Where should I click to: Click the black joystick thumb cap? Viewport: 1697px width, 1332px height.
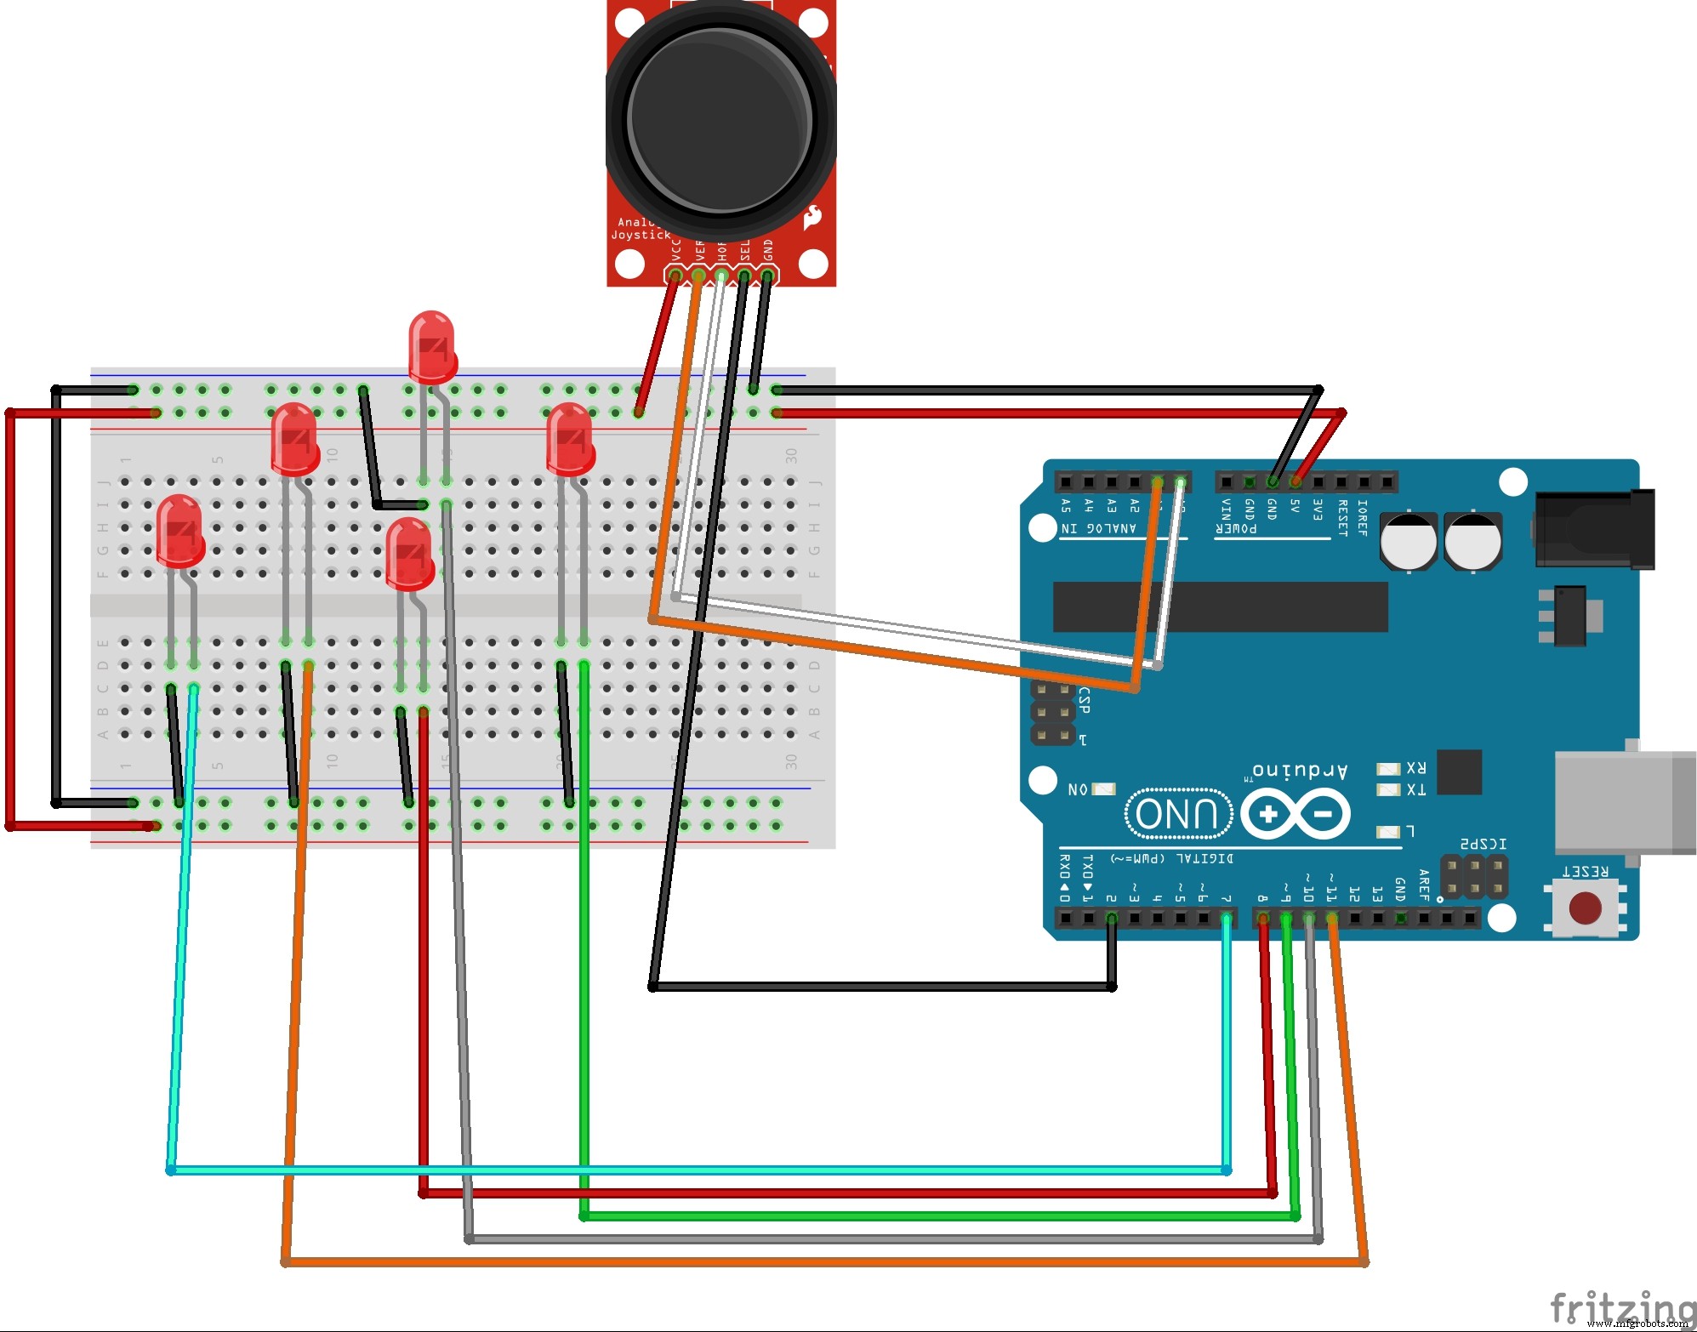[720, 119]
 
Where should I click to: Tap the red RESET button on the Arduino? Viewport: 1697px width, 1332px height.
[1585, 908]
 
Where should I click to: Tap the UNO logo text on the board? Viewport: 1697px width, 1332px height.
[1177, 814]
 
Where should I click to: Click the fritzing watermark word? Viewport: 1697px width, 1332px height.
[1620, 1307]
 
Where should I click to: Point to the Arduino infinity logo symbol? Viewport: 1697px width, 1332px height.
[1295, 814]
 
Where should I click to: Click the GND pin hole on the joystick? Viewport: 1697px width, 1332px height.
[767, 276]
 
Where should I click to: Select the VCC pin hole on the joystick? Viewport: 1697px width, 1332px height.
[675, 276]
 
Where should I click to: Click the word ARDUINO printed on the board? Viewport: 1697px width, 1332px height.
[1300, 771]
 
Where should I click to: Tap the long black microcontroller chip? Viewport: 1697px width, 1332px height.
[1220, 606]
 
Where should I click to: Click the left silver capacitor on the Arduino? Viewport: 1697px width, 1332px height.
[1408, 541]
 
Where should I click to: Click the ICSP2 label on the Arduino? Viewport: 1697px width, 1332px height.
[1483, 844]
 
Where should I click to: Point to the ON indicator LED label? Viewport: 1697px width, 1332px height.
[1078, 789]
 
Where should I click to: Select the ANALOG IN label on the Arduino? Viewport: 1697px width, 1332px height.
[1098, 529]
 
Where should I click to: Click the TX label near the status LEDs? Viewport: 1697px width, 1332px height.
[1415, 790]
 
